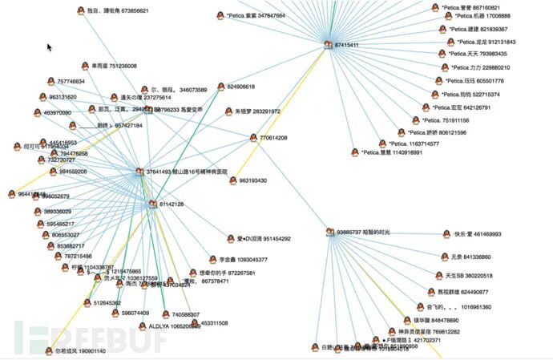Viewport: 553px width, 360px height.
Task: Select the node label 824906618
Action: click(240, 87)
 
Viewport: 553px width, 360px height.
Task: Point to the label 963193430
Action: click(252, 181)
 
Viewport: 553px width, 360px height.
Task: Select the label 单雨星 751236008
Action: click(111, 66)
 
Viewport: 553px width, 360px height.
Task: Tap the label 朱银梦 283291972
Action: click(257, 111)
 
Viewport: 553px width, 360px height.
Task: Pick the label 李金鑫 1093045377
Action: click(243, 260)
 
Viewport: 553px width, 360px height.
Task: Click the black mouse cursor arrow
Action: click(50, 47)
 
